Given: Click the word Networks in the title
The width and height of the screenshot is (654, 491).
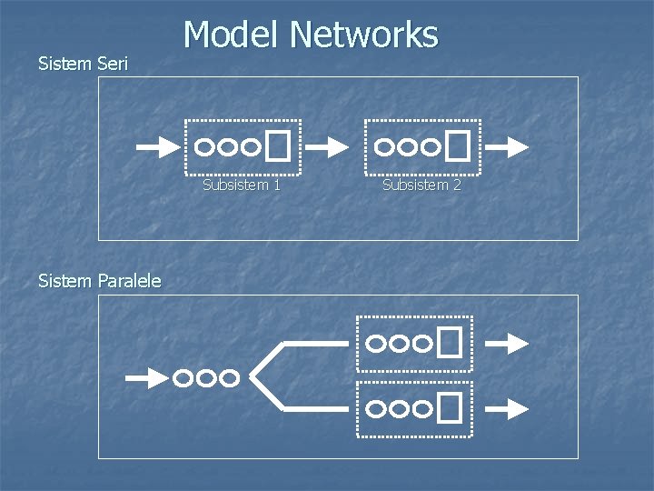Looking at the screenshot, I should click(x=364, y=35).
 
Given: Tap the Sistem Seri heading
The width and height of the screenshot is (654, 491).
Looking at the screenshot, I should click(x=84, y=64).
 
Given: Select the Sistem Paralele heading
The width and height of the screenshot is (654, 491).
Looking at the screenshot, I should click(x=100, y=281).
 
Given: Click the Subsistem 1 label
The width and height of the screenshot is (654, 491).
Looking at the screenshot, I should click(x=242, y=185).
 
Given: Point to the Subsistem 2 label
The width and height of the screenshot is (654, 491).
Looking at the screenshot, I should click(x=421, y=185).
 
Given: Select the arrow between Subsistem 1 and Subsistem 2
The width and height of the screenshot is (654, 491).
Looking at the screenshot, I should click(x=328, y=145).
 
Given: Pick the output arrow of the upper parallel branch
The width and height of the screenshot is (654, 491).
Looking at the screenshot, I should click(x=507, y=343).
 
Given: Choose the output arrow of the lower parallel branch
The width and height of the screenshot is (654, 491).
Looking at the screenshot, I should click(x=507, y=409).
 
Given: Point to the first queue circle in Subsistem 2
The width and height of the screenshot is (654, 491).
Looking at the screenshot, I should click(x=386, y=145).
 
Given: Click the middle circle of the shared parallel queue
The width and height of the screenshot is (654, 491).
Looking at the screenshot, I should click(x=206, y=377).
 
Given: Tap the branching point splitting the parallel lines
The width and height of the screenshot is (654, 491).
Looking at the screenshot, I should click(x=253, y=376).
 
